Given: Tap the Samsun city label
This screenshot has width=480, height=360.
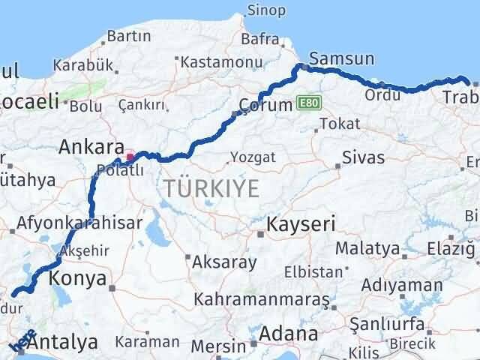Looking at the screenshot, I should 341,58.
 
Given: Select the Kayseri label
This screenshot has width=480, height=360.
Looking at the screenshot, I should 301,223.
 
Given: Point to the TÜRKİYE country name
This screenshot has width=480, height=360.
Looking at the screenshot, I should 212,189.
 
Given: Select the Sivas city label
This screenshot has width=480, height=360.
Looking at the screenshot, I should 363,157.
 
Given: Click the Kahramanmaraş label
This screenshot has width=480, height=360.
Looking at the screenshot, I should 262,299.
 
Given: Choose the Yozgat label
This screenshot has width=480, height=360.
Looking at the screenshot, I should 253,157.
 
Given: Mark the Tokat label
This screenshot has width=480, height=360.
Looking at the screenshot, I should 335,124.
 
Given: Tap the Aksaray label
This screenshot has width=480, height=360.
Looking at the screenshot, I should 224,262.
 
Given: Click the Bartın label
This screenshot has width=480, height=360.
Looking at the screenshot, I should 128,36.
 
